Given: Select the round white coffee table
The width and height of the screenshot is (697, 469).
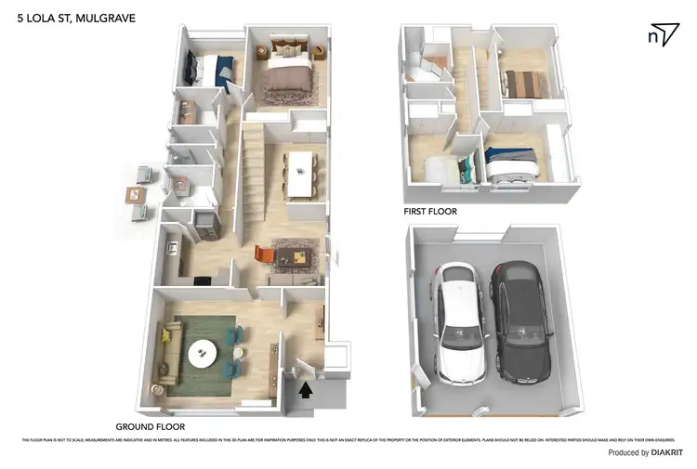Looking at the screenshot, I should point(202,353).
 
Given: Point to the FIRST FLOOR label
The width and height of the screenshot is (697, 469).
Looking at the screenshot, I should point(429,211).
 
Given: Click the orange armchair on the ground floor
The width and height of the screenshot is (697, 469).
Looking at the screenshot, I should point(263,254).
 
